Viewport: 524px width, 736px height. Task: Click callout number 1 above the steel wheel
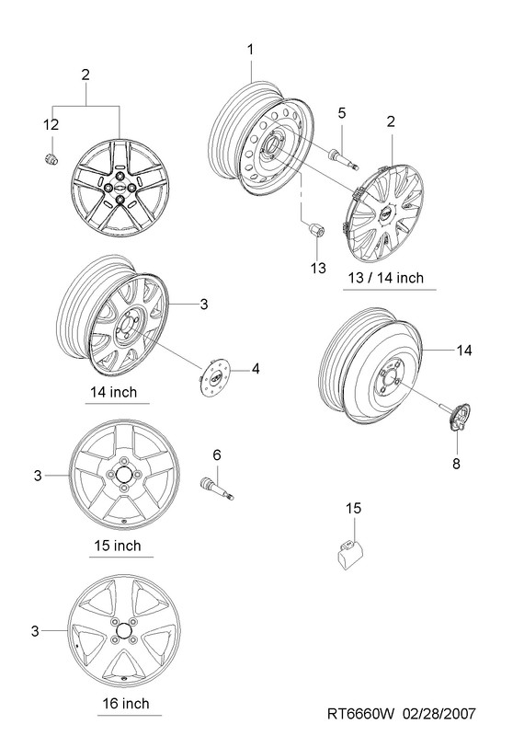tap(250, 49)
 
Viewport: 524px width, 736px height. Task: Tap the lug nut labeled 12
tap(51, 158)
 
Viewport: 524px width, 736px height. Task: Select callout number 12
tap(51, 125)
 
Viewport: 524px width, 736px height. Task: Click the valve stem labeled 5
tap(344, 157)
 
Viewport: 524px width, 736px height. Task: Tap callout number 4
tap(256, 369)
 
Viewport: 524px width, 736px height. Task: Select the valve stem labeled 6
tap(217, 489)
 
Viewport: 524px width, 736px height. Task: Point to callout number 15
tap(354, 508)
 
